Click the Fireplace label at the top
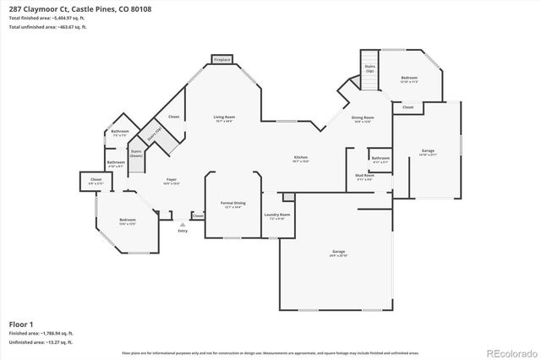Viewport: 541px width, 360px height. [x=221, y=61]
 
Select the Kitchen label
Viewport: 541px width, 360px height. [x=300, y=157]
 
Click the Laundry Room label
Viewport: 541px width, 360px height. [x=278, y=215]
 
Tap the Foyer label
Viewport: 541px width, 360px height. [x=171, y=179]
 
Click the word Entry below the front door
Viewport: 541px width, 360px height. [x=183, y=230]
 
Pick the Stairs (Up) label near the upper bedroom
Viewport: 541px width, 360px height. [x=369, y=68]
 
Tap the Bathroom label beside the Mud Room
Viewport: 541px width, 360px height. [x=380, y=157]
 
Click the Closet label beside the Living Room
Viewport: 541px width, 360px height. [x=173, y=117]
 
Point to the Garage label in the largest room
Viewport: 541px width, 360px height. [x=338, y=252]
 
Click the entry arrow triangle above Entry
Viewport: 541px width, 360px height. [x=183, y=224]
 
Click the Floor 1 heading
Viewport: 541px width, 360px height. [x=20, y=324]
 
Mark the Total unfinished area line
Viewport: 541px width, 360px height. [x=48, y=28]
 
